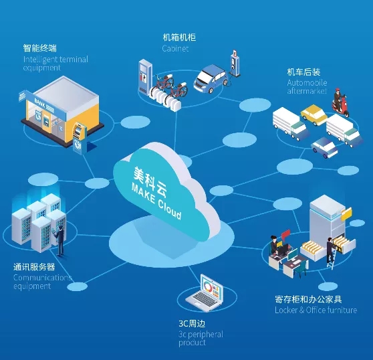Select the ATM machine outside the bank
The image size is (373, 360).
(x=80, y=137)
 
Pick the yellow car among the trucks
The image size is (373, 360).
(x=314, y=115)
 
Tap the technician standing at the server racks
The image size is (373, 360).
(x=59, y=240)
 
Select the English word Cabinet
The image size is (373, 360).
(x=175, y=49)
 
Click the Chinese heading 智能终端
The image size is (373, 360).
(x=40, y=48)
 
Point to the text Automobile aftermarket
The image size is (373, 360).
(x=307, y=87)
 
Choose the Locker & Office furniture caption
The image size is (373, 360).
(x=316, y=310)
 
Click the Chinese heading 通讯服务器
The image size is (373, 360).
(x=34, y=267)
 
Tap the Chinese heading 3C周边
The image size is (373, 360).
(x=192, y=324)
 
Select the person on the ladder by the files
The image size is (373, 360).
(x=330, y=250)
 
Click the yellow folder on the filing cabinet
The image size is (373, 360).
(x=346, y=214)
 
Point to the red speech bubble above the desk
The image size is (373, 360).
(x=285, y=235)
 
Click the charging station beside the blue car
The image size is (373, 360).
(x=235, y=63)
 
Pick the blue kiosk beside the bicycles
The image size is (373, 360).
(x=145, y=77)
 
